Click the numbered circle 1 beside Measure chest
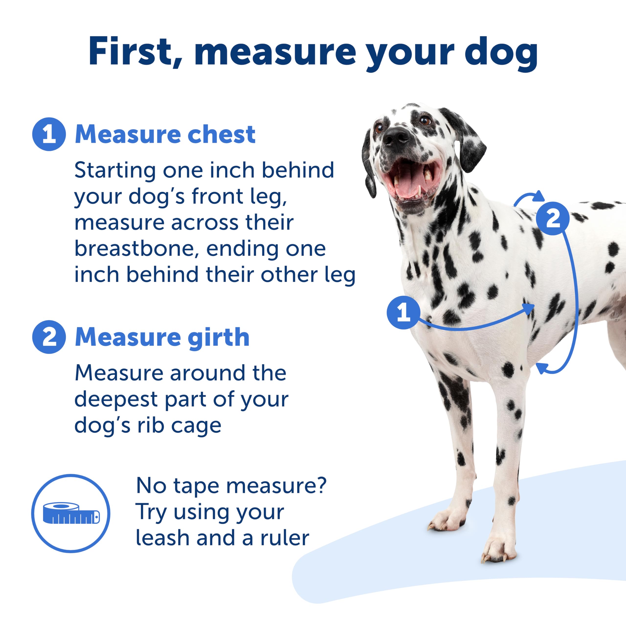49,134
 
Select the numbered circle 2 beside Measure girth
49,337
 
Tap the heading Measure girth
162,337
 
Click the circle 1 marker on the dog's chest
403,312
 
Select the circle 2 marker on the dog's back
552,218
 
